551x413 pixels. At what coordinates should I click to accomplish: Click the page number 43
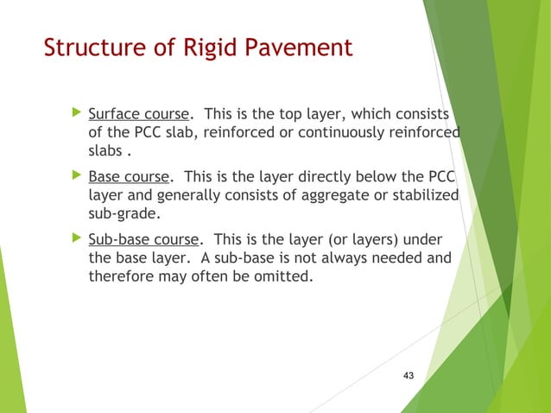click(x=408, y=375)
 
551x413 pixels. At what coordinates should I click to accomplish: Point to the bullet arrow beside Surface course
click(x=75, y=112)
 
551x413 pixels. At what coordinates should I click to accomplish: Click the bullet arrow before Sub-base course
click(x=75, y=239)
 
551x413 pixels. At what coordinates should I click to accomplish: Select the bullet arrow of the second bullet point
click(x=75, y=176)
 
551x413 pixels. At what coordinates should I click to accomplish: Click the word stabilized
click(x=421, y=195)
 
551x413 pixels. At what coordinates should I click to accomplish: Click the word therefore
click(x=123, y=277)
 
